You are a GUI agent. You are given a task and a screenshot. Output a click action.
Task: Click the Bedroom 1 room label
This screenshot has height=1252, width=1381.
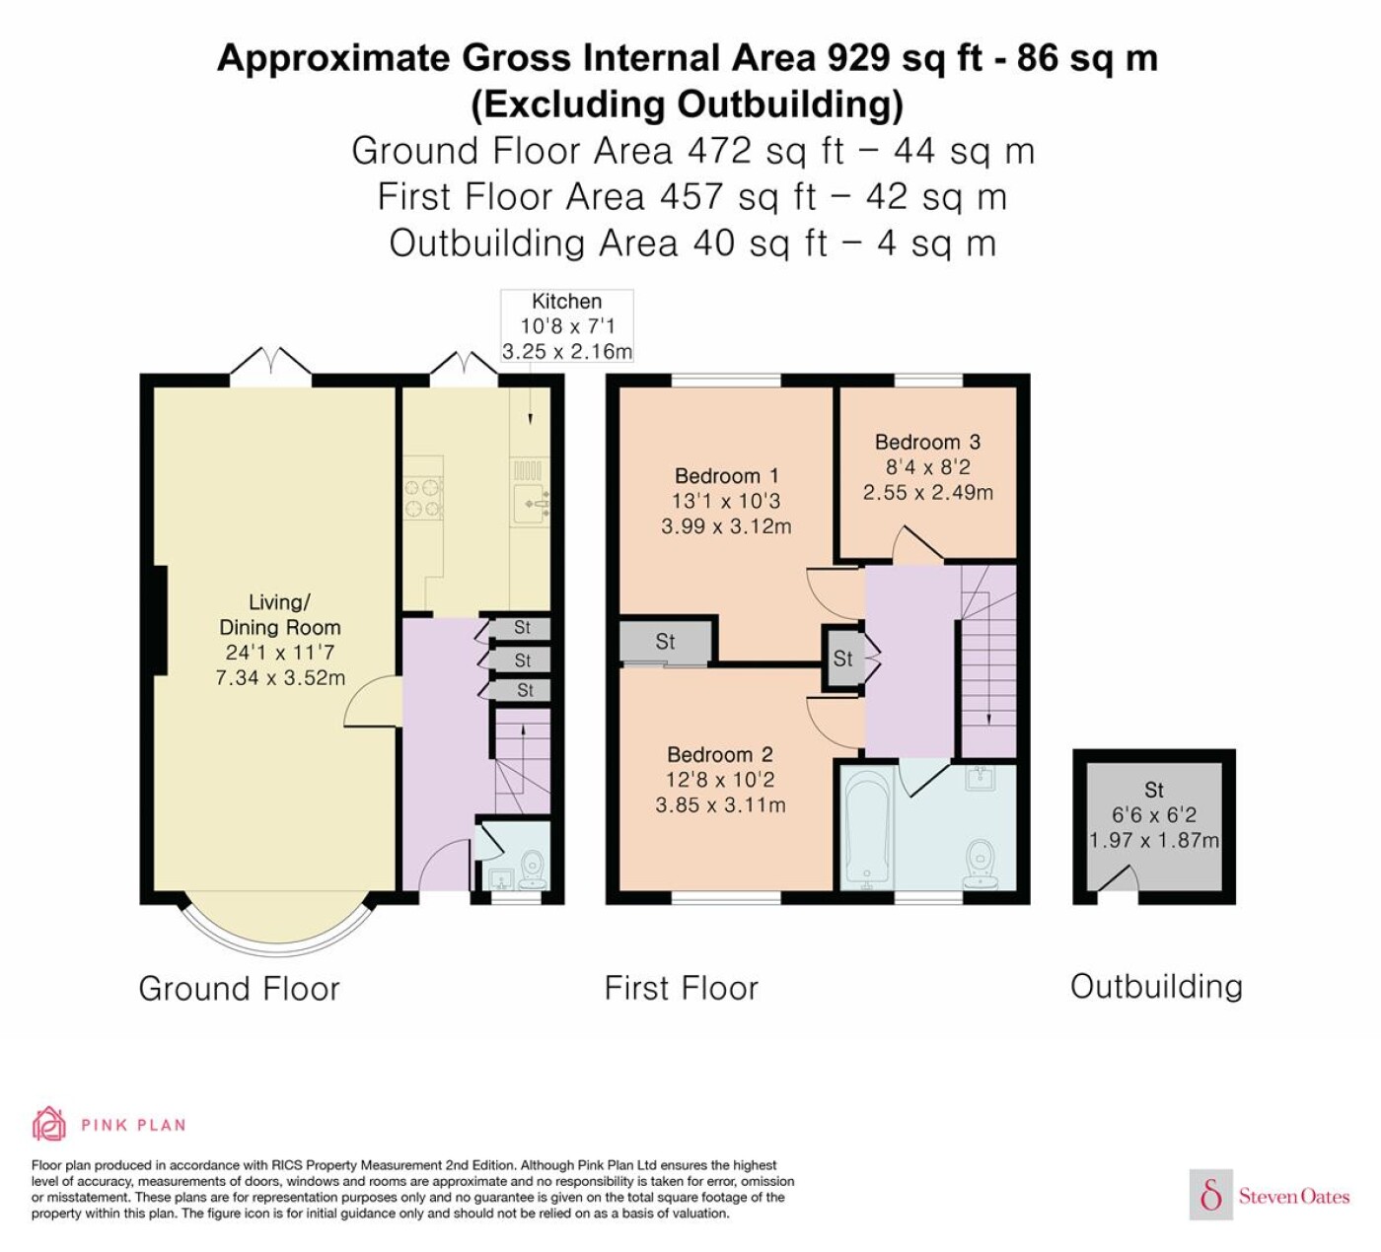tap(726, 475)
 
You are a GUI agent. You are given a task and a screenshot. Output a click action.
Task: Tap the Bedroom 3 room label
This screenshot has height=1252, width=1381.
tap(927, 442)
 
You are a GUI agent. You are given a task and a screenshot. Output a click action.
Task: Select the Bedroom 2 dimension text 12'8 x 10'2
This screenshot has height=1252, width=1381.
tap(720, 780)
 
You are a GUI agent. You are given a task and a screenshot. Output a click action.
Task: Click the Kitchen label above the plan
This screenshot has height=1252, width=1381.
tap(566, 302)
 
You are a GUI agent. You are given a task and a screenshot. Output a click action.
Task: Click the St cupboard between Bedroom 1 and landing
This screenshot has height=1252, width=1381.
tap(843, 659)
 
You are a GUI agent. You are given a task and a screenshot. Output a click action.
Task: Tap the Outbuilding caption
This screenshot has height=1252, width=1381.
tap(1156, 987)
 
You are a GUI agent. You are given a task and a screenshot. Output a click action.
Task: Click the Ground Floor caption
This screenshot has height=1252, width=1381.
tap(240, 989)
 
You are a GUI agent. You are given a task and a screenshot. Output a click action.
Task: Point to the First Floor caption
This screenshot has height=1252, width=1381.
tap(682, 989)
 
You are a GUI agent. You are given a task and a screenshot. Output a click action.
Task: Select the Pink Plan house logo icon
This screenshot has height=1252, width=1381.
tap(49, 1124)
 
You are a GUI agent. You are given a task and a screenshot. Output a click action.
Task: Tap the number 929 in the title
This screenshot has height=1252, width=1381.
tap(858, 58)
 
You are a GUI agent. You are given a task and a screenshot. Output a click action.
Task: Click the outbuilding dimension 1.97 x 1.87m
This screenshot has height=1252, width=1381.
tap(1154, 840)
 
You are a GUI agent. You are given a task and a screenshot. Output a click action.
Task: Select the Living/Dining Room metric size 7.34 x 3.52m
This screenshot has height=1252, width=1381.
tap(280, 678)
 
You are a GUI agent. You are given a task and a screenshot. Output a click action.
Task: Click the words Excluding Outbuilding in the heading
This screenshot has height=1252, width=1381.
tap(688, 104)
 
